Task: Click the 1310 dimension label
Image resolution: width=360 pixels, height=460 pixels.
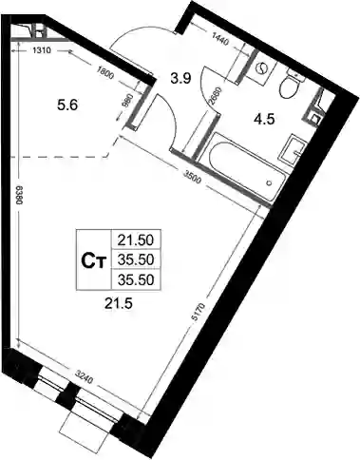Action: coord(42,50)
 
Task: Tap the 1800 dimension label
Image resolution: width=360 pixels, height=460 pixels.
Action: coord(104,75)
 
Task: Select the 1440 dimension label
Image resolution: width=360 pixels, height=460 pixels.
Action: coord(219,39)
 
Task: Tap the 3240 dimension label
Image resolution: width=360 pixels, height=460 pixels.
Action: coord(85,376)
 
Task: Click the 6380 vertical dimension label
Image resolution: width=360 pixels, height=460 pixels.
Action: coord(18,196)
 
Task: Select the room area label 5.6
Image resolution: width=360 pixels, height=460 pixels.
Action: coord(67,105)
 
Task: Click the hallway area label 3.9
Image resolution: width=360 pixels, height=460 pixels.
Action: coord(180,78)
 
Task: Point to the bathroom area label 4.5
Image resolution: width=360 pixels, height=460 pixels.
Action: coord(264,120)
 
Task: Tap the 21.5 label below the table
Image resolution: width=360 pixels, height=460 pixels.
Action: coord(118,304)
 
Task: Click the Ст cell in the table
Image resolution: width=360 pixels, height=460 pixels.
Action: coord(93,261)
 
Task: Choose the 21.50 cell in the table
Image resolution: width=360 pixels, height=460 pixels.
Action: coord(136,240)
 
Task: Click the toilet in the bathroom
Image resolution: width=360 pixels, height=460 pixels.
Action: coord(290,84)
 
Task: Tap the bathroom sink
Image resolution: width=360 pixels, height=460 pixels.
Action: coord(293,150)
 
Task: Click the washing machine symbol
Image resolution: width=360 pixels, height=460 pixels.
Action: coord(261,68)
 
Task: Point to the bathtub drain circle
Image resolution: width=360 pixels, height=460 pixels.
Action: coord(270,182)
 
